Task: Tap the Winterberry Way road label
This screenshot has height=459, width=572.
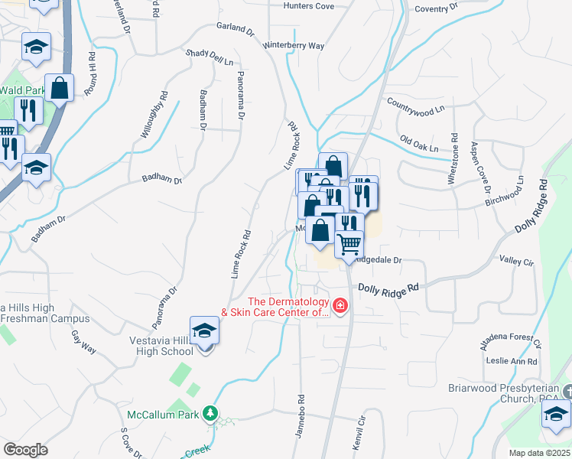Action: coord(294,46)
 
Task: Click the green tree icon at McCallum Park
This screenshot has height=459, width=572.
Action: coord(210,415)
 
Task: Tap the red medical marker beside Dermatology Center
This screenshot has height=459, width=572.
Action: coord(339,308)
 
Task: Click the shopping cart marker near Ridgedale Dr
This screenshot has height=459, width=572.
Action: coord(349,244)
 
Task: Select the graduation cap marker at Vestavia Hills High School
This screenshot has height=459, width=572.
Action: coord(204,331)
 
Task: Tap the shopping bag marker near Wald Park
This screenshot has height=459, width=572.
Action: coord(59,88)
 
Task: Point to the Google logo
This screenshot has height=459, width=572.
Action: coord(25,450)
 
